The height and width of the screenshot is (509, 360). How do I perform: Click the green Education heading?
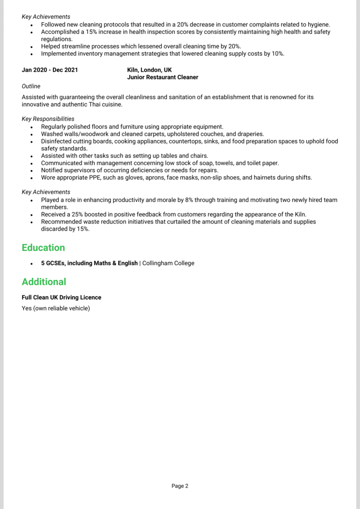[43, 248]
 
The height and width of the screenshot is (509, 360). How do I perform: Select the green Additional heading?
[44, 282]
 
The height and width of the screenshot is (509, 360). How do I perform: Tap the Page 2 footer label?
[180, 486]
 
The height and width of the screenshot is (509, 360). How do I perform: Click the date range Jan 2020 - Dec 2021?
[50, 70]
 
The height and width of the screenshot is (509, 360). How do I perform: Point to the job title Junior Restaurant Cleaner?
[163, 77]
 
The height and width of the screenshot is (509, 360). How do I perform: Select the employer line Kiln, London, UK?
[149, 70]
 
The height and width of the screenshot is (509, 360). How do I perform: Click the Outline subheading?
[31, 86]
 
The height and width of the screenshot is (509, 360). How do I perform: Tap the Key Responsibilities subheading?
[48, 119]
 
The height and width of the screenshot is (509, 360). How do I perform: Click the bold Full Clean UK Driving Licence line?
[61, 297]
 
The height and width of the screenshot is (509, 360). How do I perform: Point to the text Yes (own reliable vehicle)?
[56, 308]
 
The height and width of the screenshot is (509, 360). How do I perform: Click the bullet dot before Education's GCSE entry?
[31, 264]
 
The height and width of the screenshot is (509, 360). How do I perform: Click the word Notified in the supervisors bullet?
[52, 170]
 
